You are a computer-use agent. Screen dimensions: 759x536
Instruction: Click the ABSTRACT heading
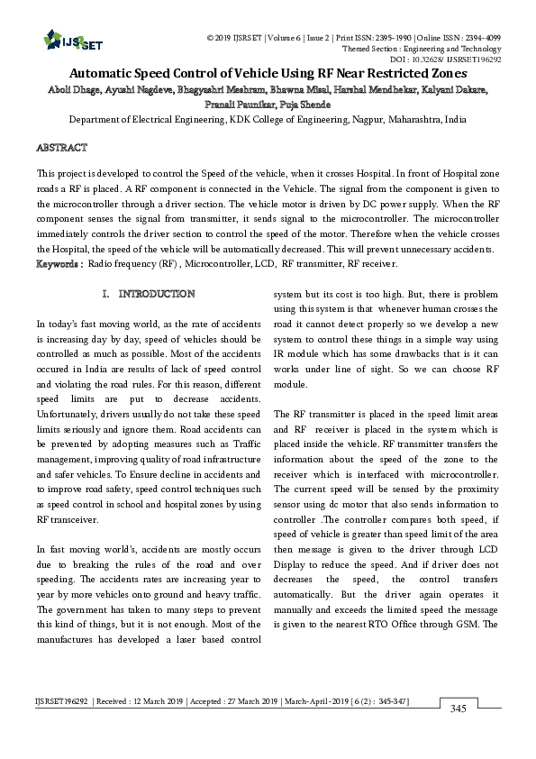click(x=61, y=146)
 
